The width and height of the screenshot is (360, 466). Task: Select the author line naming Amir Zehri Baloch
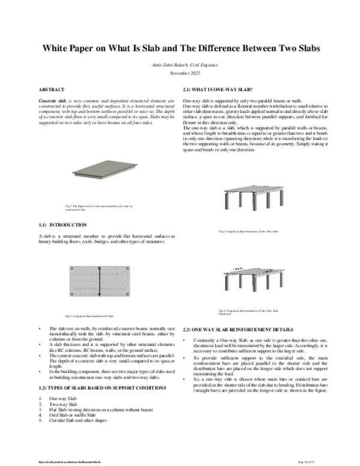coord(180,64)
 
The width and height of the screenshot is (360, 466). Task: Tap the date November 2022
coord(180,72)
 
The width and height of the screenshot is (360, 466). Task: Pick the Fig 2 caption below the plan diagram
coord(89,315)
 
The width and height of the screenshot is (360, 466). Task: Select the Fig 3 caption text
coord(249,231)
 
